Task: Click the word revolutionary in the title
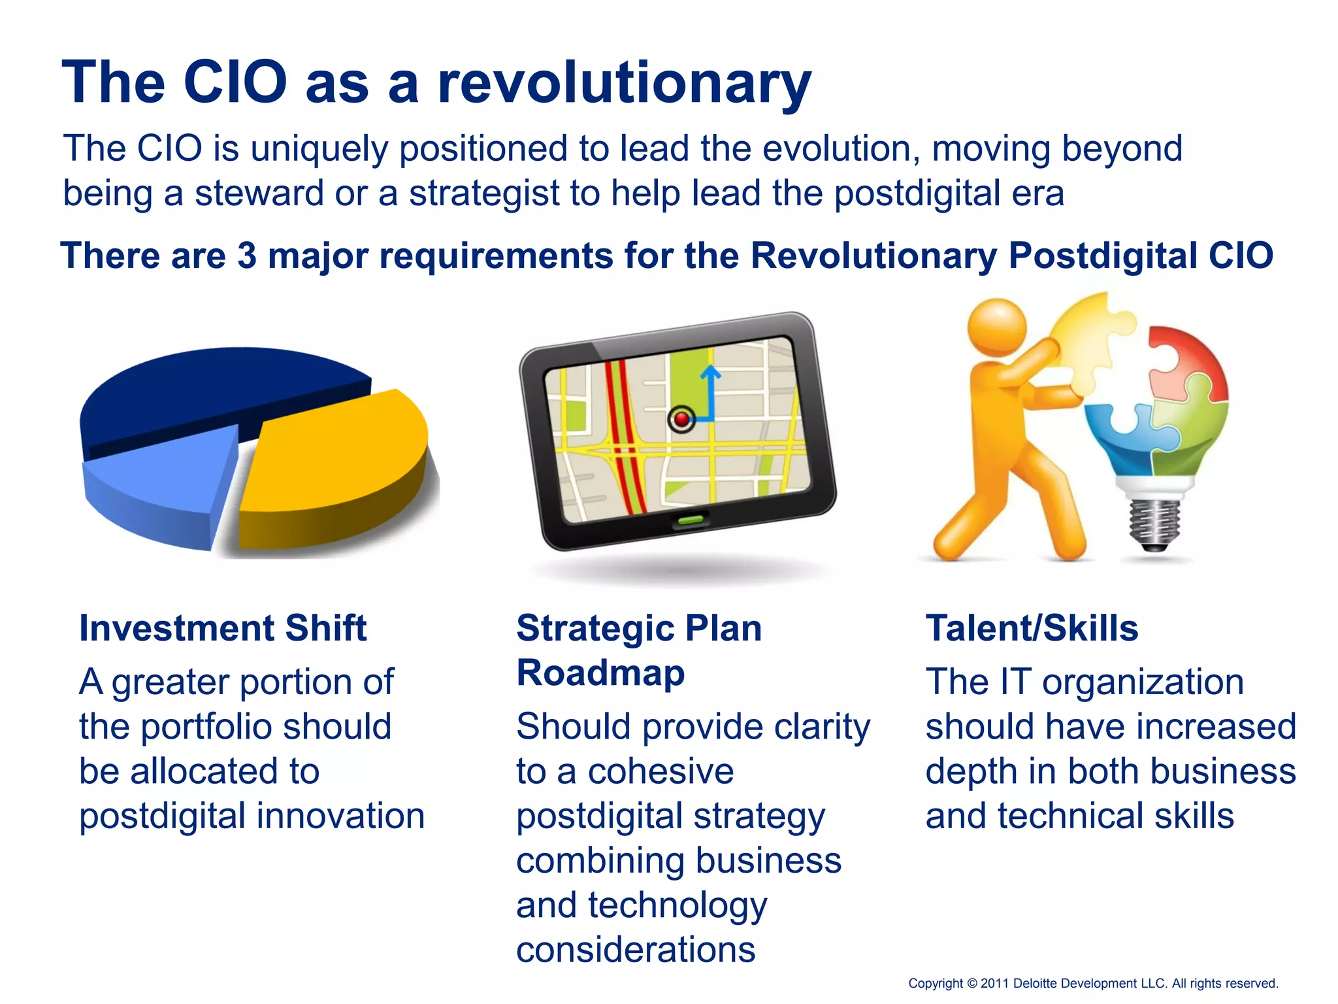point(624,83)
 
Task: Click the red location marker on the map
point(682,419)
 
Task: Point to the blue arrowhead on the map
point(710,373)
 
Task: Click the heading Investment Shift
point(223,628)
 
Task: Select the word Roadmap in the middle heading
point(600,673)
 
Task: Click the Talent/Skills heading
point(1032,628)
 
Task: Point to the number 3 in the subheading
point(247,256)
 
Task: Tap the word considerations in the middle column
point(636,949)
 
